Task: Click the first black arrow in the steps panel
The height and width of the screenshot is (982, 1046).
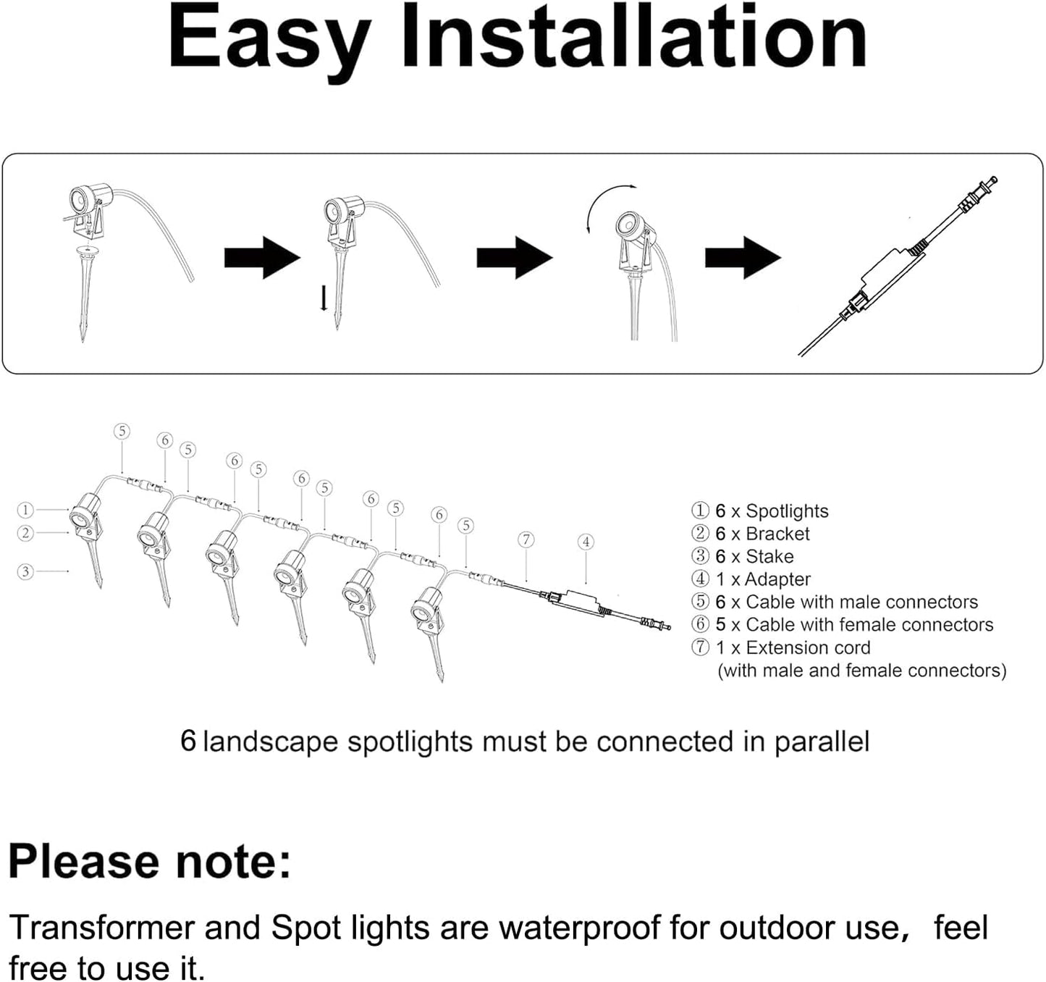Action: (261, 257)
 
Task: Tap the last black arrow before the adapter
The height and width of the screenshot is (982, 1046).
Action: (743, 257)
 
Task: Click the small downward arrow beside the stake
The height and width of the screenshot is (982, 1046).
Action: (324, 298)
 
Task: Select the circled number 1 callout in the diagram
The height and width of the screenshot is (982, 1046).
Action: (25, 510)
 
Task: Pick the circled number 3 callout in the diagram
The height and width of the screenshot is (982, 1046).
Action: (25, 571)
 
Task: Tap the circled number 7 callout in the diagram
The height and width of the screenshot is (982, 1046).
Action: (526, 540)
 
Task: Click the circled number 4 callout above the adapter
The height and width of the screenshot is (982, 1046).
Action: (586, 542)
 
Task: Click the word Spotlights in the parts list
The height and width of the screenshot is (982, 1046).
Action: (787, 511)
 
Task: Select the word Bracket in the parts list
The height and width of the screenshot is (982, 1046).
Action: (777, 534)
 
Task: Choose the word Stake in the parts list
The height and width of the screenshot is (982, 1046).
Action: (769, 557)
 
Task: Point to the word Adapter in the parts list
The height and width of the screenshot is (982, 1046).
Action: (777, 579)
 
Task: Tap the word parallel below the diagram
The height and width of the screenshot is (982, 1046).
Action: (822, 742)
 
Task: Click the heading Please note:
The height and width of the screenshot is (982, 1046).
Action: (149, 862)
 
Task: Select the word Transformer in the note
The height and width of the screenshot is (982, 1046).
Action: (101, 928)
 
